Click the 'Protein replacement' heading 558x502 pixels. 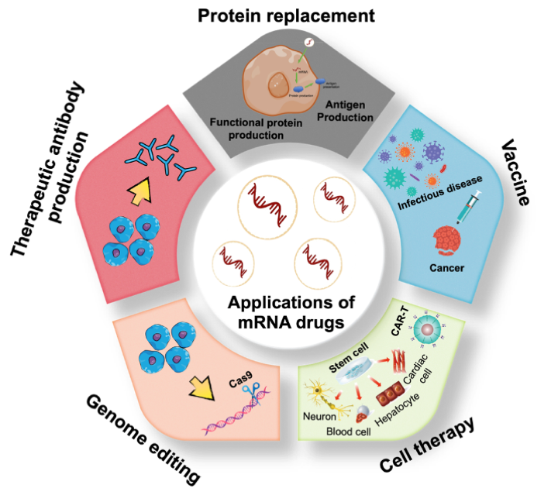[x=286, y=15]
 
